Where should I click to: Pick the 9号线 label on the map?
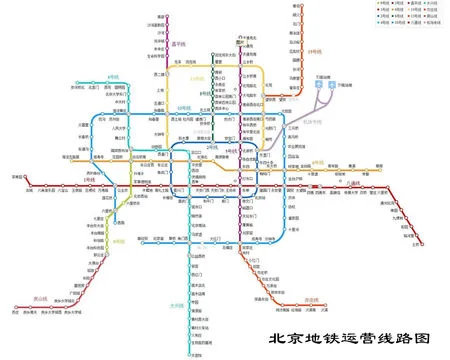(118, 240)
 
